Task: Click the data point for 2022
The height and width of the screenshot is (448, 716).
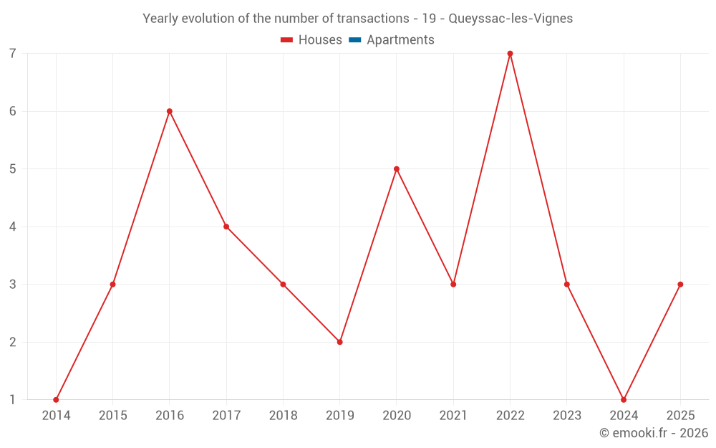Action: pyautogui.click(x=510, y=54)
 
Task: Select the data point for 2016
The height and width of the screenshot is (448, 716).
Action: pyautogui.click(x=170, y=111)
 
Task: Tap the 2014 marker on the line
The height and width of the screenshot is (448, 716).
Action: pyautogui.click(x=56, y=400)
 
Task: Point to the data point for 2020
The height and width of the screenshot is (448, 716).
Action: pyautogui.click(x=397, y=169)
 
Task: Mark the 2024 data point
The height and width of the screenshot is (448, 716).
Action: pyautogui.click(x=624, y=400)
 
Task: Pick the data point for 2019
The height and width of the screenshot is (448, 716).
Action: pyautogui.click(x=339, y=342)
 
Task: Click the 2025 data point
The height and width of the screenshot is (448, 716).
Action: pyautogui.click(x=680, y=285)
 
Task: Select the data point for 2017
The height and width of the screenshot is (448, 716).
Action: pyautogui.click(x=226, y=227)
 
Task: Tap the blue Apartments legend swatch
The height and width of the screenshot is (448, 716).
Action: pyautogui.click(x=354, y=40)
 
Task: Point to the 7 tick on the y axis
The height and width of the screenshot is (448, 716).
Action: pyautogui.click(x=13, y=54)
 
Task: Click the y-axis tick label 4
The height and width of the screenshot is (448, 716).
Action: pyautogui.click(x=13, y=227)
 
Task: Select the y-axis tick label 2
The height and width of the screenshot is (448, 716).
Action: pyautogui.click(x=13, y=342)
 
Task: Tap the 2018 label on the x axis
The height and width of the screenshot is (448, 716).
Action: pyautogui.click(x=283, y=416)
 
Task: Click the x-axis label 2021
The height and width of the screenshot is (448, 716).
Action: pyautogui.click(x=453, y=416)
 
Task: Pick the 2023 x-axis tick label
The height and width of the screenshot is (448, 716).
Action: pyautogui.click(x=566, y=416)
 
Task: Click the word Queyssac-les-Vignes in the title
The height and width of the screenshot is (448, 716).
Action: pyautogui.click(x=511, y=19)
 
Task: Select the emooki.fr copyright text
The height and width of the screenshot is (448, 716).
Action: pyautogui.click(x=654, y=433)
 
